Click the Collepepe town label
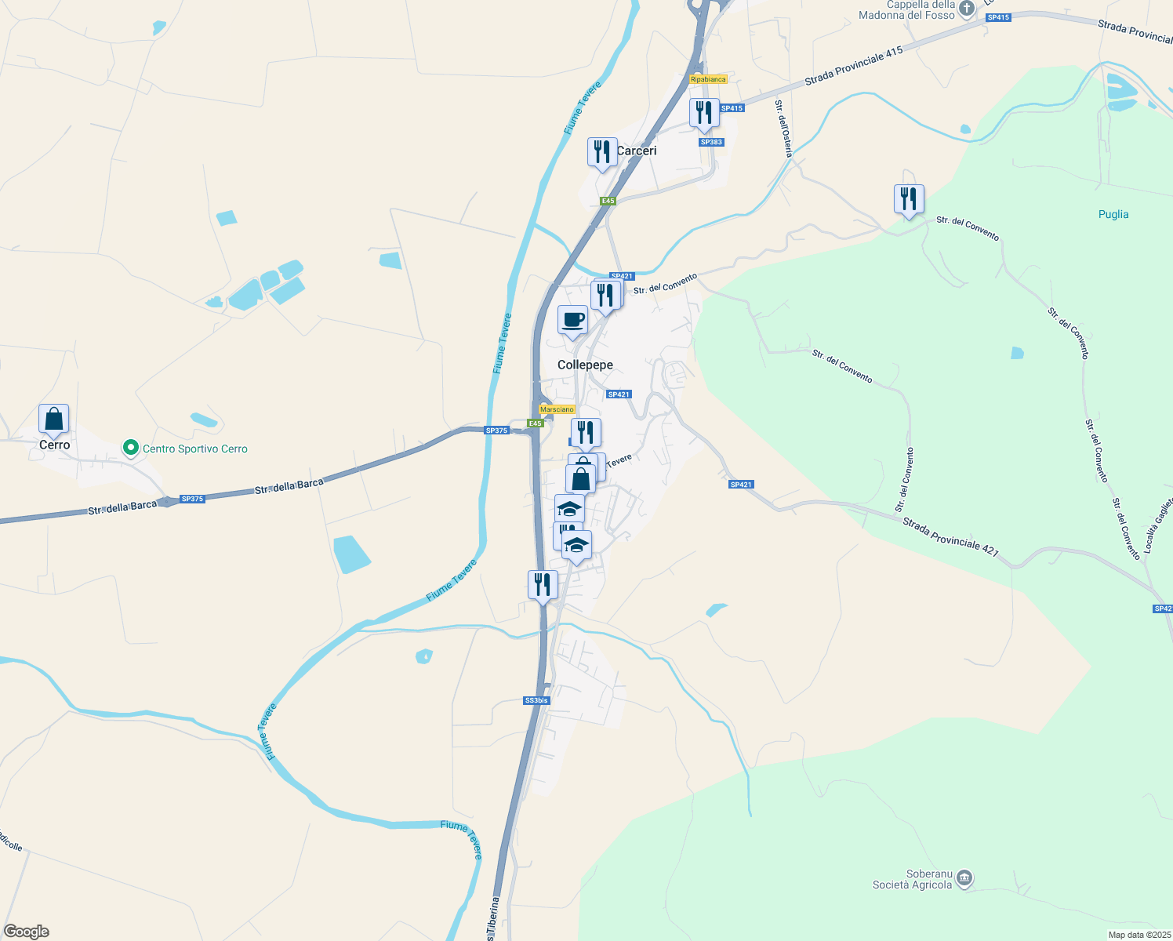tap(585, 365)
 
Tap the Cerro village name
tap(55, 445)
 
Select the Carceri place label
tap(636, 151)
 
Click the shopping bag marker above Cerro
tap(54, 420)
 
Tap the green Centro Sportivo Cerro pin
tap(131, 449)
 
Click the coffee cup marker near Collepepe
tap(572, 321)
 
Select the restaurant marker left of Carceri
tap(602, 152)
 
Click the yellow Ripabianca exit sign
tap(708, 79)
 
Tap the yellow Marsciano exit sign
tap(557, 409)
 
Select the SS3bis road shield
tap(537, 700)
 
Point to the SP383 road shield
tap(711, 142)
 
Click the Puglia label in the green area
tap(1113, 214)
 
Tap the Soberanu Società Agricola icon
tap(965, 878)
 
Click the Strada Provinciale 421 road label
tap(950, 536)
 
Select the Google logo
tap(26, 932)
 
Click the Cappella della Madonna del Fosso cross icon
tap(967, 9)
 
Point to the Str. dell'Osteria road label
tap(783, 129)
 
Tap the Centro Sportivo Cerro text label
tap(195, 449)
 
